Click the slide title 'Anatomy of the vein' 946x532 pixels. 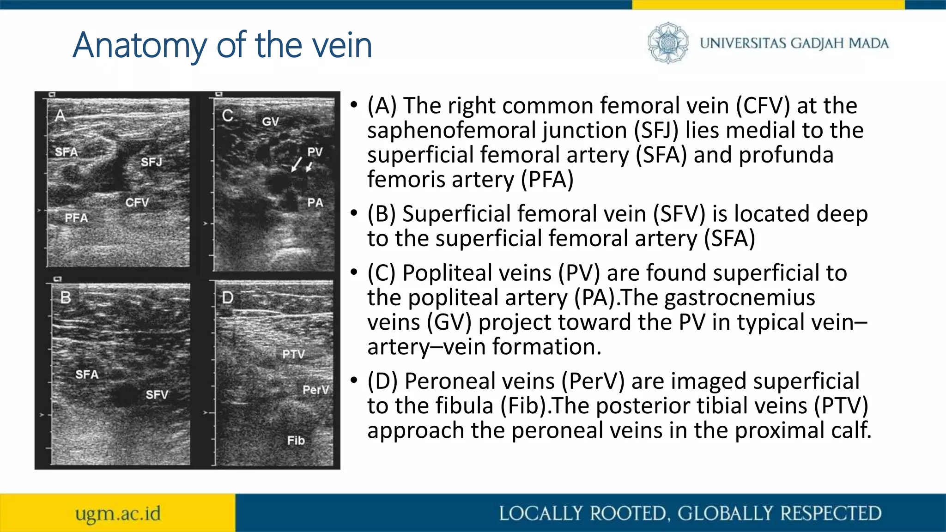(x=222, y=45)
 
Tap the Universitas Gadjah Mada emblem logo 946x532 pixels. (x=667, y=43)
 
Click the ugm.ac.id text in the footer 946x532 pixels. (x=118, y=514)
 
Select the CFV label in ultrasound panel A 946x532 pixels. (x=137, y=203)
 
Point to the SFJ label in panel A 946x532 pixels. (x=152, y=162)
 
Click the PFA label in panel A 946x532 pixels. (x=76, y=218)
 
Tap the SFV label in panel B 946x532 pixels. (x=157, y=395)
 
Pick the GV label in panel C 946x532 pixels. (x=270, y=122)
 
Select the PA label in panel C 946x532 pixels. (x=315, y=203)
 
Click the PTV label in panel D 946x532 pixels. (x=293, y=354)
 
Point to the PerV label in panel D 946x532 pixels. (x=315, y=390)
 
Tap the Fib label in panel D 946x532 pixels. (x=296, y=441)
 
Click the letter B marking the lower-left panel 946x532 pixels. (x=66, y=298)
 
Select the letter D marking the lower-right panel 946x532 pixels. (x=228, y=298)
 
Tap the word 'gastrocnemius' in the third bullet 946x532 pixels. (x=740, y=297)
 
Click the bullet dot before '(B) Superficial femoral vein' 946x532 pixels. (x=354, y=213)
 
